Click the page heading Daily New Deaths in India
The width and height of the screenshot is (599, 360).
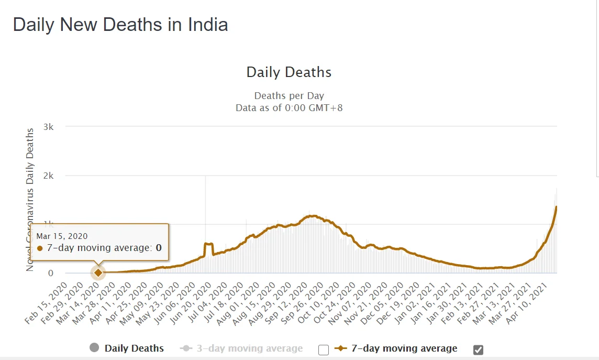click(120, 25)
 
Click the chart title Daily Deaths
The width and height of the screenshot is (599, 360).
click(289, 72)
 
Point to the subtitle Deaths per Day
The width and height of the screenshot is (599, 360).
click(289, 96)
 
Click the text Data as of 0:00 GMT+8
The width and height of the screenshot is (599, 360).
click(289, 107)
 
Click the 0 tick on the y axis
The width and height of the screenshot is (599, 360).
click(50, 273)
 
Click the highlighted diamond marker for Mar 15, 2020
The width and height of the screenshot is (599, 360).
click(98, 272)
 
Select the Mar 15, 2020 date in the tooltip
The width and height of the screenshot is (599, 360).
click(62, 236)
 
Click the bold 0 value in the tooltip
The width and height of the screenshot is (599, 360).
click(158, 248)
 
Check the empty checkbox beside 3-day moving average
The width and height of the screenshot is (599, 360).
click(324, 350)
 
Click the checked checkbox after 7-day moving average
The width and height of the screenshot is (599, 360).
click(478, 350)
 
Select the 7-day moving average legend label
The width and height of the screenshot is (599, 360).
click(404, 348)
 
